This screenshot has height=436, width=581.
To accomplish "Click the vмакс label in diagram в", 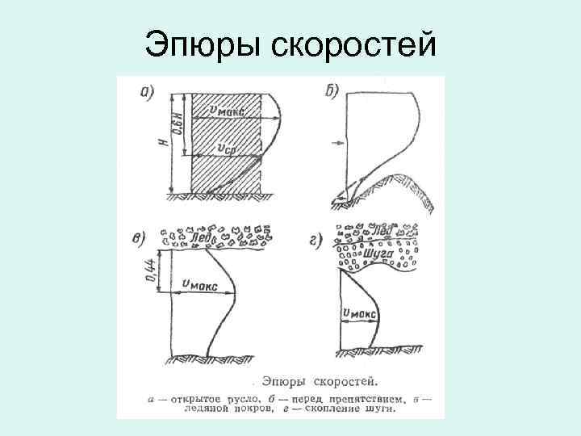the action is coord(199,284).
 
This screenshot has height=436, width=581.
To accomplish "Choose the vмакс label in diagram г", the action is coord(357,312).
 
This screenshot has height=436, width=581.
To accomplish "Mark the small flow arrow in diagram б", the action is coord(337,144).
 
